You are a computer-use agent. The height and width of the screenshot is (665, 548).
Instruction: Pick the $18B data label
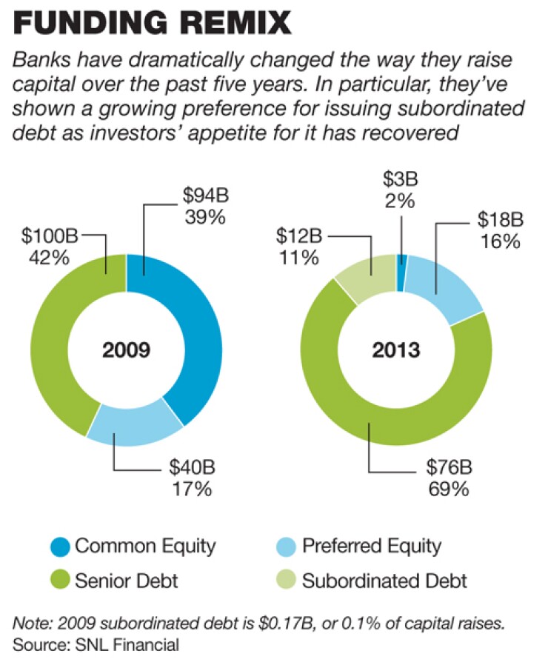coord(498,218)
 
